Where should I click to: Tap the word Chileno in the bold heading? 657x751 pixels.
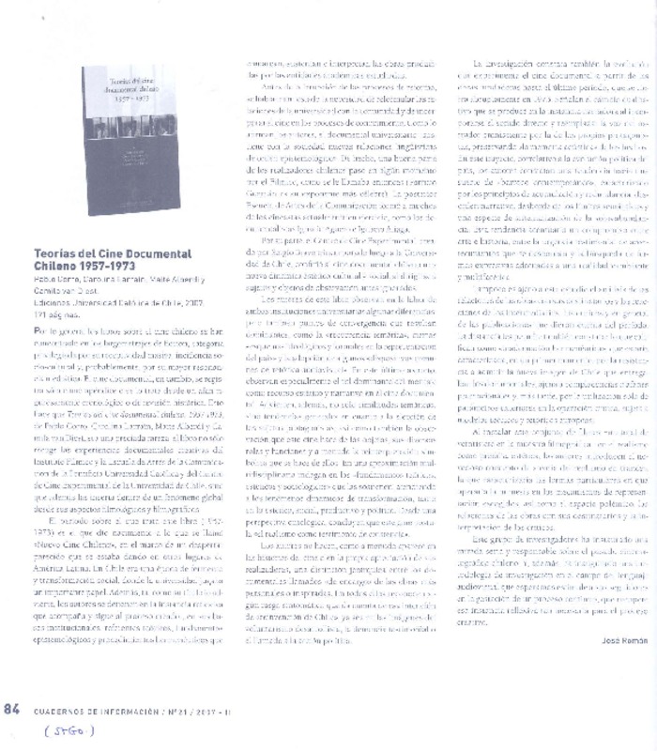54,265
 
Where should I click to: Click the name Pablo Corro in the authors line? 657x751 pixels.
54,279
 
